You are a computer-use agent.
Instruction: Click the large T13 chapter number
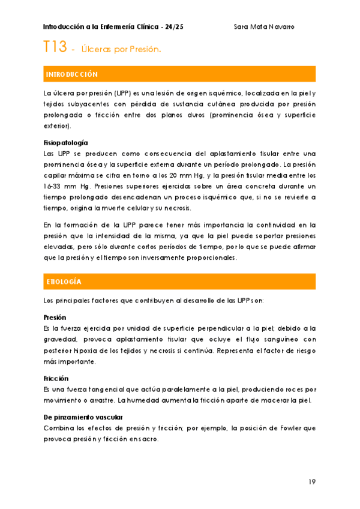(x=55, y=47)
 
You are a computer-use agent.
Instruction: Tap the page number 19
(x=312, y=481)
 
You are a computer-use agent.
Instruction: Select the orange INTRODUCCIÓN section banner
(x=180, y=74)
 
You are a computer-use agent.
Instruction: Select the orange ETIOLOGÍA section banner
(x=180, y=282)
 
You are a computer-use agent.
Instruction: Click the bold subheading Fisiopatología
(x=66, y=143)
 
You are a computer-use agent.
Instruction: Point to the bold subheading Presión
(x=55, y=317)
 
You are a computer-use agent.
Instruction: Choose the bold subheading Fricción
(x=56, y=379)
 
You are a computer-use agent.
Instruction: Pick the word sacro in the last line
(x=148, y=439)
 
